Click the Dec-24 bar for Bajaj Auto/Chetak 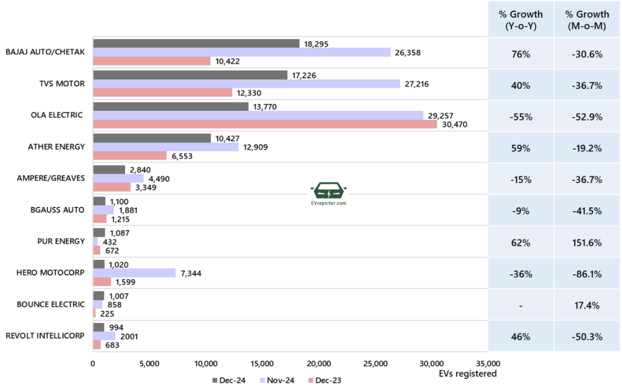pyautogui.click(x=196, y=43)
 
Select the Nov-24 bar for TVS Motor pyautogui.click(x=246, y=83)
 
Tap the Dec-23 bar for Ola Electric pyautogui.click(x=264, y=124)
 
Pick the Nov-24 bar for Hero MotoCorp pyautogui.click(x=134, y=273)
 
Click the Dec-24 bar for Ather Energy pyautogui.click(x=151, y=138)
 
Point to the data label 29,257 pyautogui.click(x=440, y=115)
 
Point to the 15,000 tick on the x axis pyautogui.click(x=262, y=364)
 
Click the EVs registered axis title pyautogui.click(x=467, y=374)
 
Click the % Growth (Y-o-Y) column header pyautogui.click(x=521, y=19)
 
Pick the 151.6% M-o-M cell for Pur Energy pyautogui.click(x=586, y=242)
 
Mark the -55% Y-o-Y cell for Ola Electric pyautogui.click(x=521, y=116)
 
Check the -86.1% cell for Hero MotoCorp pyautogui.click(x=586, y=274)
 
